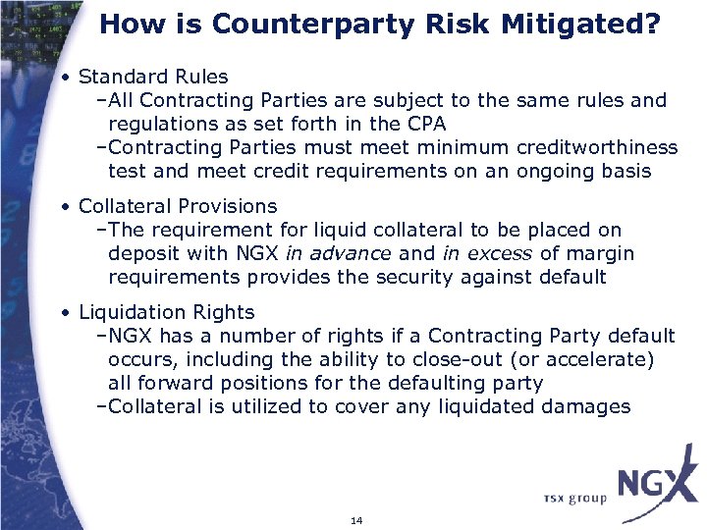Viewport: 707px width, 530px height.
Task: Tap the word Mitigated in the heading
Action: coord(581,24)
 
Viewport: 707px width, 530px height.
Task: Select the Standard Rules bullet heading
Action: coord(153,77)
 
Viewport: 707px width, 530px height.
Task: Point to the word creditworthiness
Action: coord(596,147)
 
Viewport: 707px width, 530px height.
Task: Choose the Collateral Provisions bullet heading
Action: coord(178,206)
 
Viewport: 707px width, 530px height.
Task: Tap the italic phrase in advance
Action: coord(337,253)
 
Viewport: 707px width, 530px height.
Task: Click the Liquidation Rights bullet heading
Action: coord(166,312)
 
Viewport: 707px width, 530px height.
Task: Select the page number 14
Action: coord(355,519)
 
